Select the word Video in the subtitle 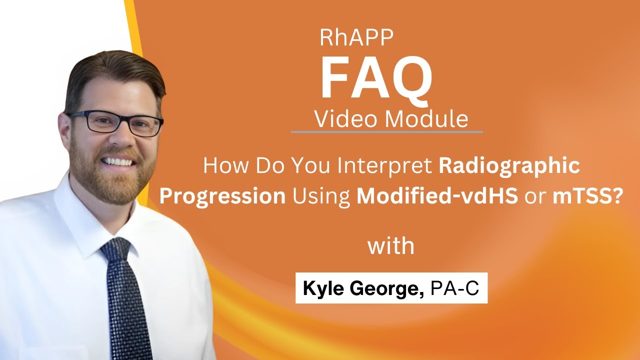[344, 119]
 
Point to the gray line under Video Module [387, 132]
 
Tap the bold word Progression [222, 196]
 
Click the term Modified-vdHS [437, 196]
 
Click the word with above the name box [391, 246]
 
